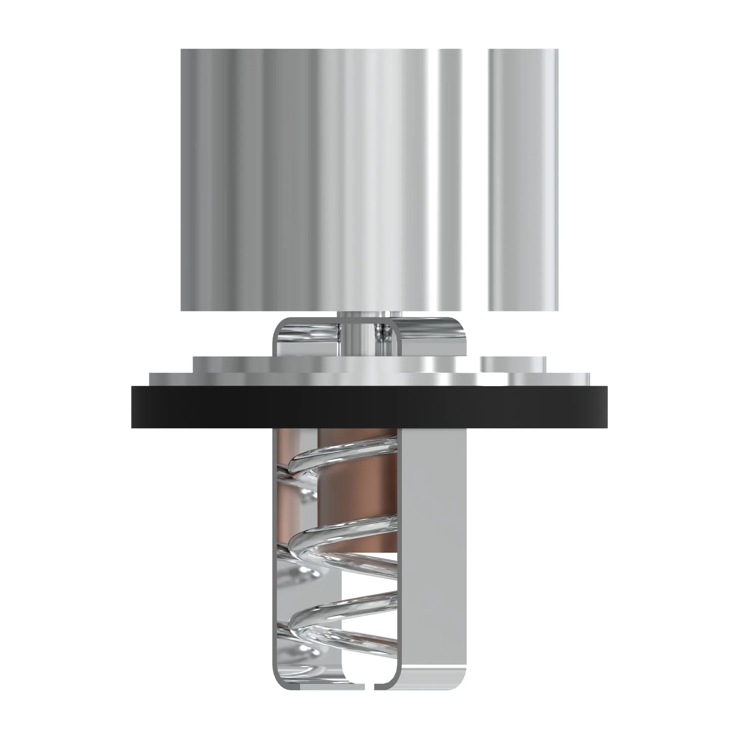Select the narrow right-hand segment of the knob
click(522, 180)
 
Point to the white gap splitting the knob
click(474, 180)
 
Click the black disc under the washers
click(369, 407)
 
